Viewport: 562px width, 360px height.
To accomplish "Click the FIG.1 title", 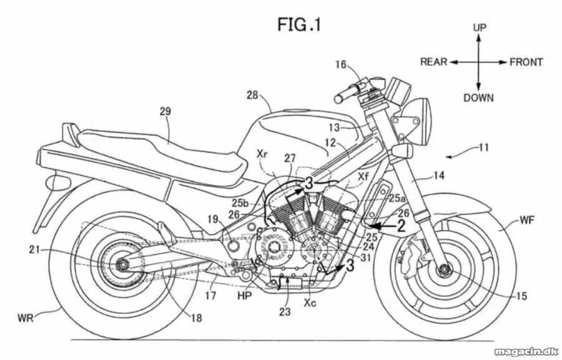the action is (x=299, y=25).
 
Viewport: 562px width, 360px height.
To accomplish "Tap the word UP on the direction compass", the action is (x=479, y=27).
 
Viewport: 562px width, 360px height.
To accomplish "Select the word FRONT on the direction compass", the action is (x=526, y=62).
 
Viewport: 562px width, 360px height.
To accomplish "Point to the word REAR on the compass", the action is (x=434, y=62).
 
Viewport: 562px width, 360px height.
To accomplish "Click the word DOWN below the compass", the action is (x=478, y=97).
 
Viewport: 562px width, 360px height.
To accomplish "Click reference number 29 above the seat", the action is (x=165, y=111).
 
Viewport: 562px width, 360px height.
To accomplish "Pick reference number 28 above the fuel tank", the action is (x=252, y=96).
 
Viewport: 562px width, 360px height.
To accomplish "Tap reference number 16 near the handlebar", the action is (x=341, y=64).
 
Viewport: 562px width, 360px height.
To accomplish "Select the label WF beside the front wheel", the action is (x=527, y=220).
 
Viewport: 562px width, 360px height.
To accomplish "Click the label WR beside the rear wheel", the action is (x=26, y=317).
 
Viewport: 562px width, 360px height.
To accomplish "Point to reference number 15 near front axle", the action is (x=522, y=296).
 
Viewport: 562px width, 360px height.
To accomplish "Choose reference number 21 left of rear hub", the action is (x=34, y=249).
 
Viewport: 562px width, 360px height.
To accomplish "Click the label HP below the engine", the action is (x=244, y=296).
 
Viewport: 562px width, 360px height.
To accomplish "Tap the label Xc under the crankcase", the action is (x=310, y=303).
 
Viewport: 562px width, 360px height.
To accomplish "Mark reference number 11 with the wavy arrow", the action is (x=484, y=147).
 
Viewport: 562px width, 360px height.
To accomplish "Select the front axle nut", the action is (x=445, y=268).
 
